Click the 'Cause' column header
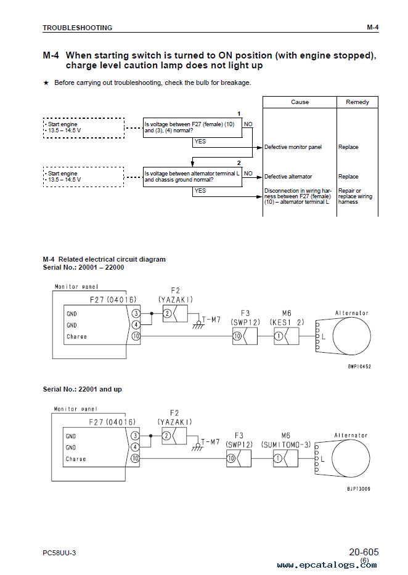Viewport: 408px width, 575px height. tap(300, 102)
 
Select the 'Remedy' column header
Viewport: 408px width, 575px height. tap(357, 102)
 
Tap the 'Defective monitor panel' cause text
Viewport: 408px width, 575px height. tap(293, 147)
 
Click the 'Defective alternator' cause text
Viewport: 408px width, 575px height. tap(288, 177)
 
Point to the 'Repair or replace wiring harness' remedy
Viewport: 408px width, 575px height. tap(355, 196)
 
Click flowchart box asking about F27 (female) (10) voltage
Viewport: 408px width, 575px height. tap(192, 127)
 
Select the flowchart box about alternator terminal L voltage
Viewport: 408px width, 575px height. tap(192, 177)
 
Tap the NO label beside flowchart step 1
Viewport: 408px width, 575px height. tap(248, 124)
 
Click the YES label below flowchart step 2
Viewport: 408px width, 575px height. tap(200, 191)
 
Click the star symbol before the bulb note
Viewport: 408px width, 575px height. tap(46, 83)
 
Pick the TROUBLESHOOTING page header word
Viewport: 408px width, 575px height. tap(78, 28)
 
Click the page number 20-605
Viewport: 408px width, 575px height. tap(364, 552)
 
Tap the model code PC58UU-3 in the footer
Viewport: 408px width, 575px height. tap(59, 553)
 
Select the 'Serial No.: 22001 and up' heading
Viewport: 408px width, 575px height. tap(82, 389)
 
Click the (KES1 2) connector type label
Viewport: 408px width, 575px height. tap(287, 323)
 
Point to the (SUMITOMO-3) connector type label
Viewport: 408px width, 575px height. tap(286, 445)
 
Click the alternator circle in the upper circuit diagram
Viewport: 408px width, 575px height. tap(351, 336)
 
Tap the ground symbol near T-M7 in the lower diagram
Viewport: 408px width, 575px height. tap(198, 447)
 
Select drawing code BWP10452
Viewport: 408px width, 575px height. tap(359, 366)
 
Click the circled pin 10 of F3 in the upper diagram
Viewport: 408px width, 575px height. tap(237, 336)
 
